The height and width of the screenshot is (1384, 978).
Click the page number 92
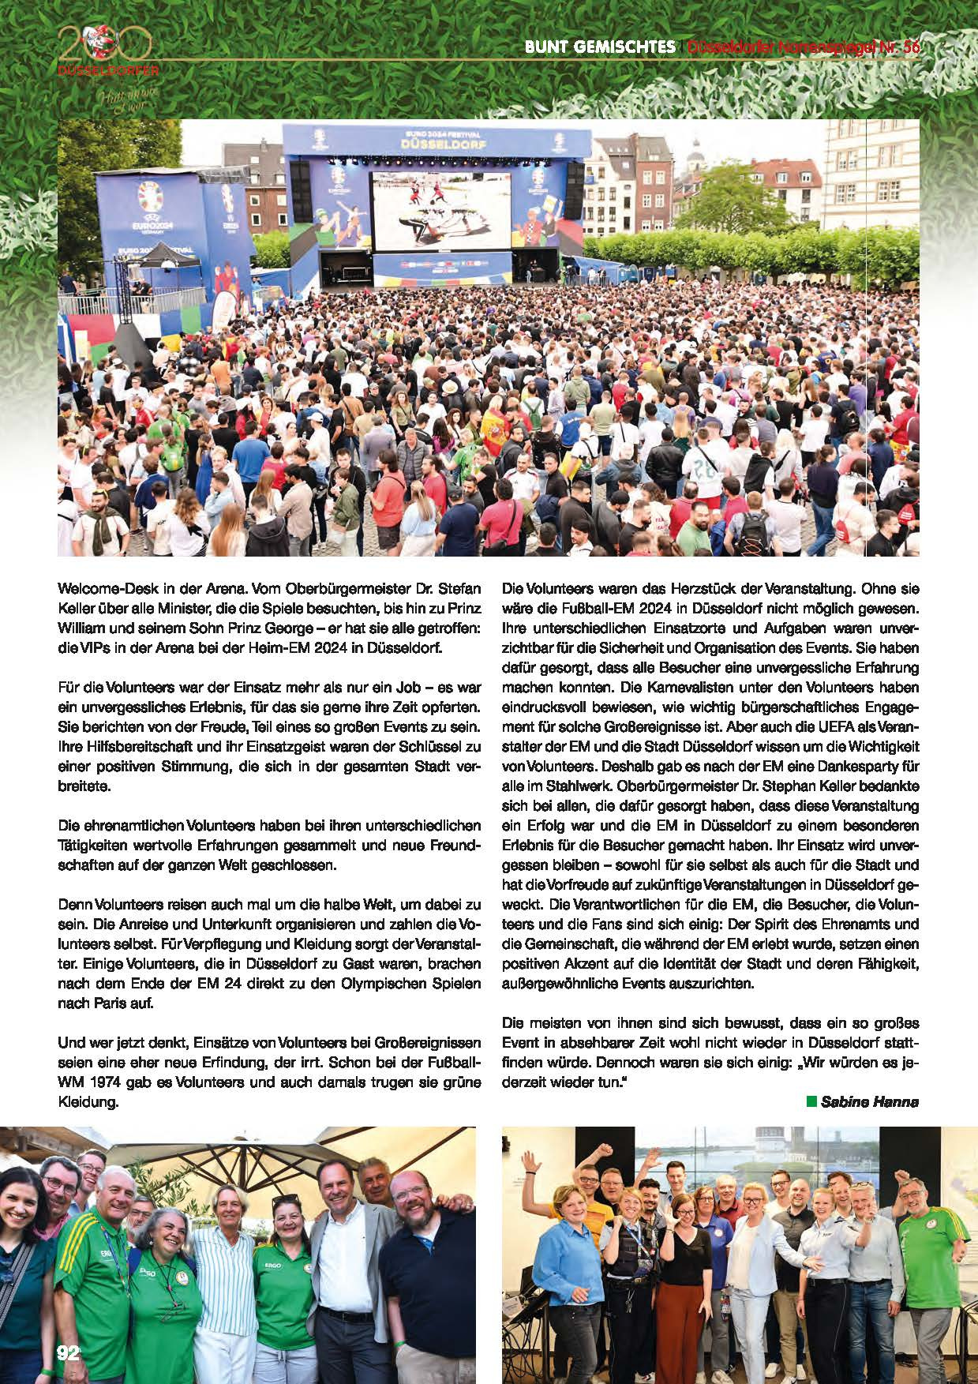[69, 1352]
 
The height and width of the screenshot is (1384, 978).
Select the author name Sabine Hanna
[870, 1101]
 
